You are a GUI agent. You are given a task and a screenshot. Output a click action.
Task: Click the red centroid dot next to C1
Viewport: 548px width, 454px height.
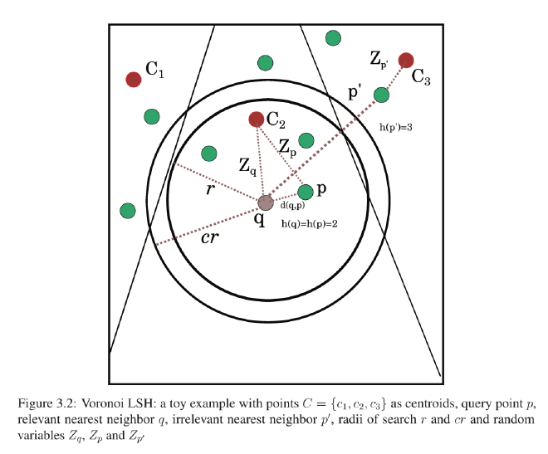tap(133, 79)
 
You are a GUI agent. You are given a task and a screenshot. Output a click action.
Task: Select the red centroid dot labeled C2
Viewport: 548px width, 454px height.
tap(257, 120)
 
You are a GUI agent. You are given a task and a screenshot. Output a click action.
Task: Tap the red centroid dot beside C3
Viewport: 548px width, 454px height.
tap(406, 60)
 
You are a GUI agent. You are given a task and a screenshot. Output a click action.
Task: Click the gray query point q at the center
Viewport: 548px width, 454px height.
tap(265, 203)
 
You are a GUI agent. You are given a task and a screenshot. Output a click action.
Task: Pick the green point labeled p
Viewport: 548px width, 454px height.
tap(306, 192)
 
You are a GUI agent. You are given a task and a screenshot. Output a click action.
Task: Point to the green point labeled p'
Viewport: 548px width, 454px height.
tap(381, 95)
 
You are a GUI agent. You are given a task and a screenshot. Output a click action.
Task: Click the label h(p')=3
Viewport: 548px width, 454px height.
tap(397, 127)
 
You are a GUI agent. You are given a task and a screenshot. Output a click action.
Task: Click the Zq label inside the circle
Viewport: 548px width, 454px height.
tap(247, 165)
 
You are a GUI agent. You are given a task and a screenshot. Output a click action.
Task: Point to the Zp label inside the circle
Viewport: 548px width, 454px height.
tap(288, 147)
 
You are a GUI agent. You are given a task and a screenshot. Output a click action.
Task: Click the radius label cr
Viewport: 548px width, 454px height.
tap(211, 238)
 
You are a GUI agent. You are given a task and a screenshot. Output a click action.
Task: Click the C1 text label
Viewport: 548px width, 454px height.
tap(155, 74)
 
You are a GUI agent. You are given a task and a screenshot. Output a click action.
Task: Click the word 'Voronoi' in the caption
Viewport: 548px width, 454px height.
tap(102, 405)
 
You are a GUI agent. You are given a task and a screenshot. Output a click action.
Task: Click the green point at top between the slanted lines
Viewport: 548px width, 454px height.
tap(266, 62)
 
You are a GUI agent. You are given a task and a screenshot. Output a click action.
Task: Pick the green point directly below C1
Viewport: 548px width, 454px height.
tap(151, 116)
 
